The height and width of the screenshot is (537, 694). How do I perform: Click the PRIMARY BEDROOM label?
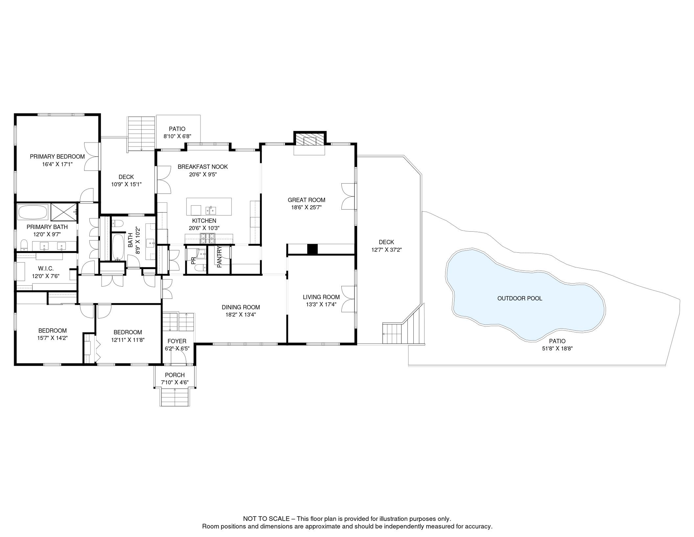coord(57,157)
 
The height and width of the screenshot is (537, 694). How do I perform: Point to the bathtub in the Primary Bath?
coord(33,212)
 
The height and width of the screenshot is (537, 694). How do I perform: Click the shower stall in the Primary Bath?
coord(64,212)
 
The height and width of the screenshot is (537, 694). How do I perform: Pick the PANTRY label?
coord(220,257)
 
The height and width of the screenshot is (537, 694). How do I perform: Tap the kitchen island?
coord(209,207)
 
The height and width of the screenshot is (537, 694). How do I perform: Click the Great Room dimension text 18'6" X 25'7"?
coord(306,207)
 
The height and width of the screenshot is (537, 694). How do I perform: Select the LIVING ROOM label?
coord(321,297)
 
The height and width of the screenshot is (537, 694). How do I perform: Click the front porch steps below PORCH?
coord(175,397)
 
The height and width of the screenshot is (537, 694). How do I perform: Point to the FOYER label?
coord(177,341)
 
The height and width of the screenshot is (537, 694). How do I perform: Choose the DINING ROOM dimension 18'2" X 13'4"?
coord(241,315)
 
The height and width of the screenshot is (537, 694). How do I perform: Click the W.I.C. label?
coord(46,268)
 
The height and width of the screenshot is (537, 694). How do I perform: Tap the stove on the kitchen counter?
coord(207,239)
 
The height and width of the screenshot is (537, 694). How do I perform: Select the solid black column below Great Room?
coord(312,249)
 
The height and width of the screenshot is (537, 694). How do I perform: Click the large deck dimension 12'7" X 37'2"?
coord(386,250)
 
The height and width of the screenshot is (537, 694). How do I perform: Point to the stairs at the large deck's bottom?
coord(392,334)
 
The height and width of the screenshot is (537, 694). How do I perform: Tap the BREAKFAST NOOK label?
coord(202,167)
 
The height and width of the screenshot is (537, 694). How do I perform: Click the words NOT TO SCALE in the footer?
coord(266,519)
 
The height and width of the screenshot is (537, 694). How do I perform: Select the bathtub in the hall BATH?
coord(118,247)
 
